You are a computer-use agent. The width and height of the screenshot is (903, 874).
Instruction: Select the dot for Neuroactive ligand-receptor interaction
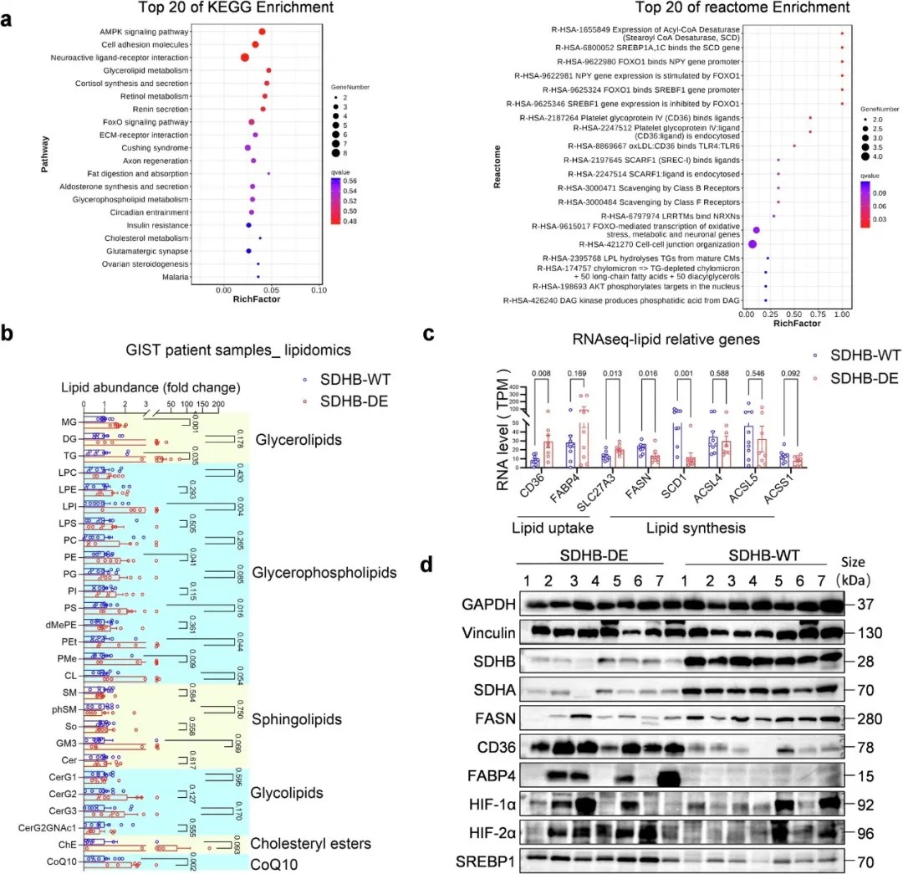coord(245,57)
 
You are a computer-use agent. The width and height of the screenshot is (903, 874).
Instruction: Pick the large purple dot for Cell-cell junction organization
coord(752,244)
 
